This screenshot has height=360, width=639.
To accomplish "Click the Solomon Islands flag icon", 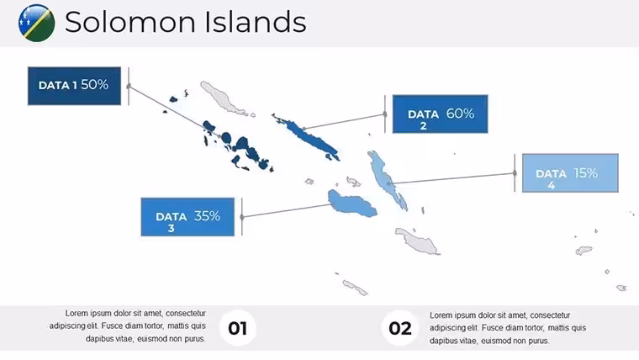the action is pos(37,23).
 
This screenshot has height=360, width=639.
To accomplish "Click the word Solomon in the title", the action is pos(132,22).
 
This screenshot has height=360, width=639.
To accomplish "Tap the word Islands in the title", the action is pos(255,22).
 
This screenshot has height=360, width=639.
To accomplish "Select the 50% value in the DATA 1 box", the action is pos(94,84).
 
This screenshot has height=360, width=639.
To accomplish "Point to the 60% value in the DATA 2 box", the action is pos(460,114).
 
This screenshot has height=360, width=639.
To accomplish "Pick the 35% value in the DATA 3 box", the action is pos(207,215).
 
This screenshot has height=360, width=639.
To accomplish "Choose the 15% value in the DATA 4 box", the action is pos(586,173).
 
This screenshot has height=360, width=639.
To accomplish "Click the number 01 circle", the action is pos(238,328).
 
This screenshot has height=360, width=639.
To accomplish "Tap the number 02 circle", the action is pos(399,328).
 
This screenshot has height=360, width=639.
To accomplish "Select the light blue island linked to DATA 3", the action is pos(351,204).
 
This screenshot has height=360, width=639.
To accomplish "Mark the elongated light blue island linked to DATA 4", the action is pos(386,179).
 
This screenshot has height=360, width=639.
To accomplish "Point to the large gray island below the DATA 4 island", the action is pos(417,241).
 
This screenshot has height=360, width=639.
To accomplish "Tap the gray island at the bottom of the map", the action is pos(355,288).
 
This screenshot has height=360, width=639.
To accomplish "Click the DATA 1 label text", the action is pos(57,85).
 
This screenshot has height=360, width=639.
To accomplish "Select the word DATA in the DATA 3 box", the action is pos(172,216).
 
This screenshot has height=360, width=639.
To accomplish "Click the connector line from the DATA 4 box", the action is pos(452,178).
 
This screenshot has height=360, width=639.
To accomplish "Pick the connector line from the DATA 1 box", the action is pos(174,111).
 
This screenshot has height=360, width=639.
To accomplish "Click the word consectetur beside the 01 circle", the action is pos(186,313).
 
